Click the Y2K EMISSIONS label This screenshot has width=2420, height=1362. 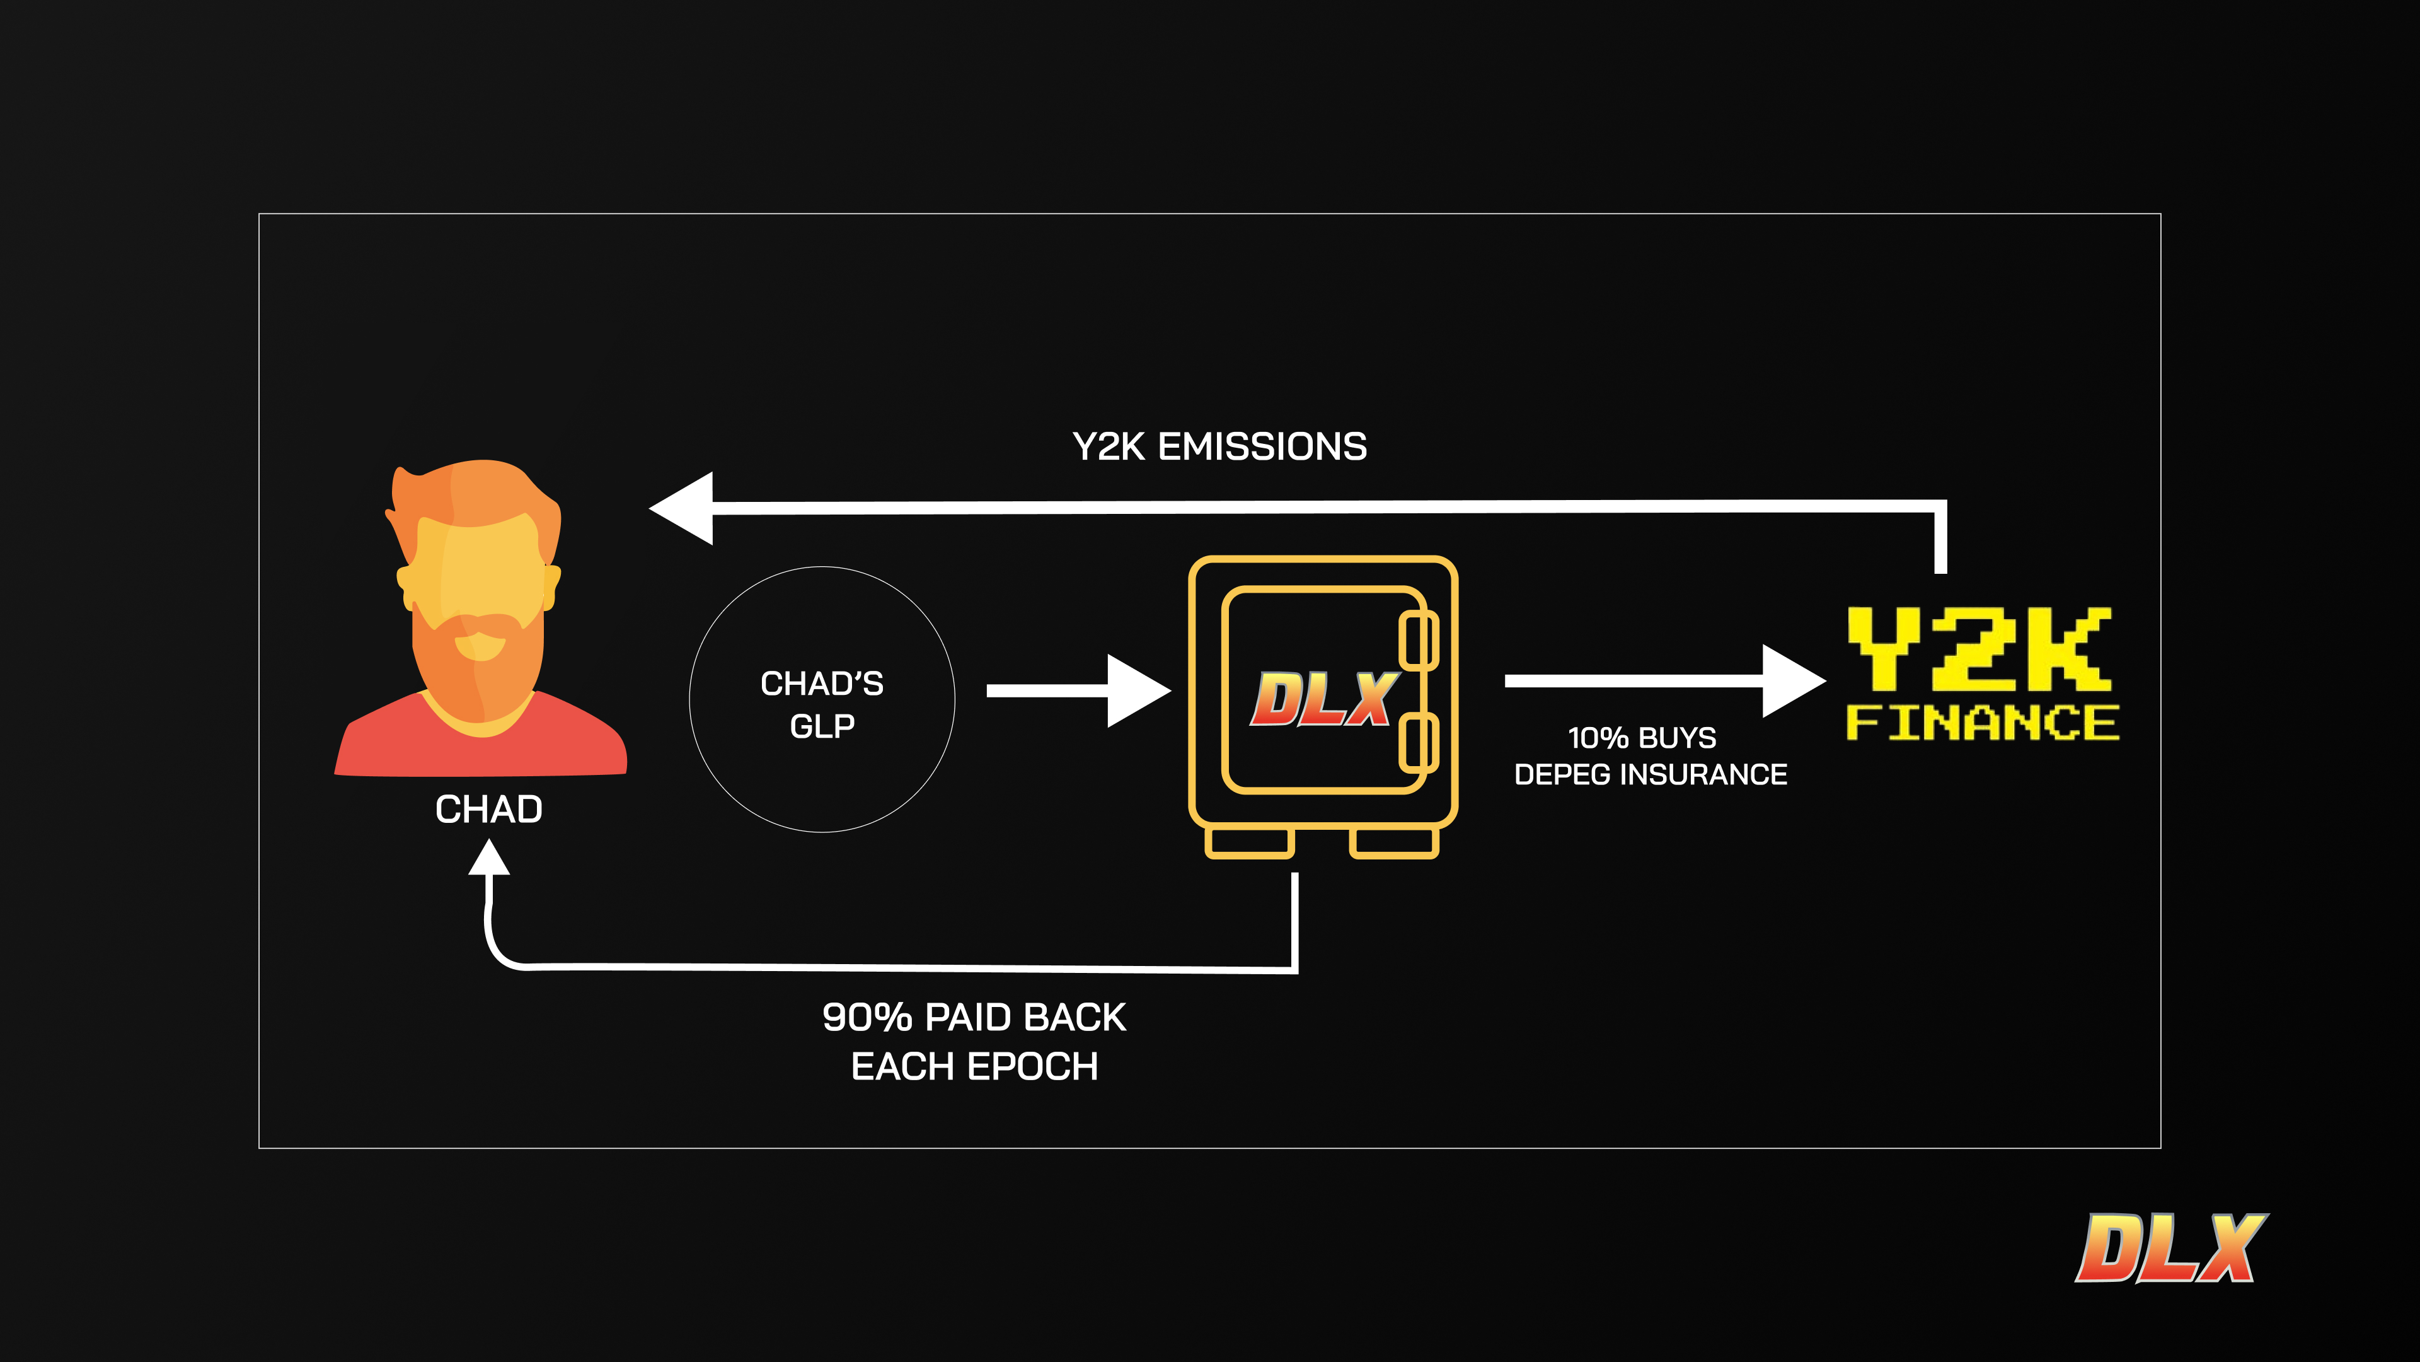pyautogui.click(x=1219, y=446)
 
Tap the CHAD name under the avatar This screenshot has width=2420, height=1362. pyautogui.click(x=488, y=809)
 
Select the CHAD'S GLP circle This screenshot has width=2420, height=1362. pyautogui.click(x=822, y=699)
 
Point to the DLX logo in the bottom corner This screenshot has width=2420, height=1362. pyautogui.click(x=2170, y=1248)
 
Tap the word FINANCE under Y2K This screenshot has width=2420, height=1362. pyautogui.click(x=1982, y=723)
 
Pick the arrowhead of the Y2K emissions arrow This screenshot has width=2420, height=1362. pyautogui.click(x=684, y=508)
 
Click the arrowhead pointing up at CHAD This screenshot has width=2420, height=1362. pyautogui.click(x=488, y=858)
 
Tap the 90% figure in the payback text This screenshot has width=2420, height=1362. pyautogui.click(x=866, y=1017)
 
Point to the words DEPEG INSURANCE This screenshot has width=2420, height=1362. pyautogui.click(x=1651, y=774)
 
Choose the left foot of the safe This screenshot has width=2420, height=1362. pyautogui.click(x=1250, y=843)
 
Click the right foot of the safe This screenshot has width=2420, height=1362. pyautogui.click(x=1394, y=843)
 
